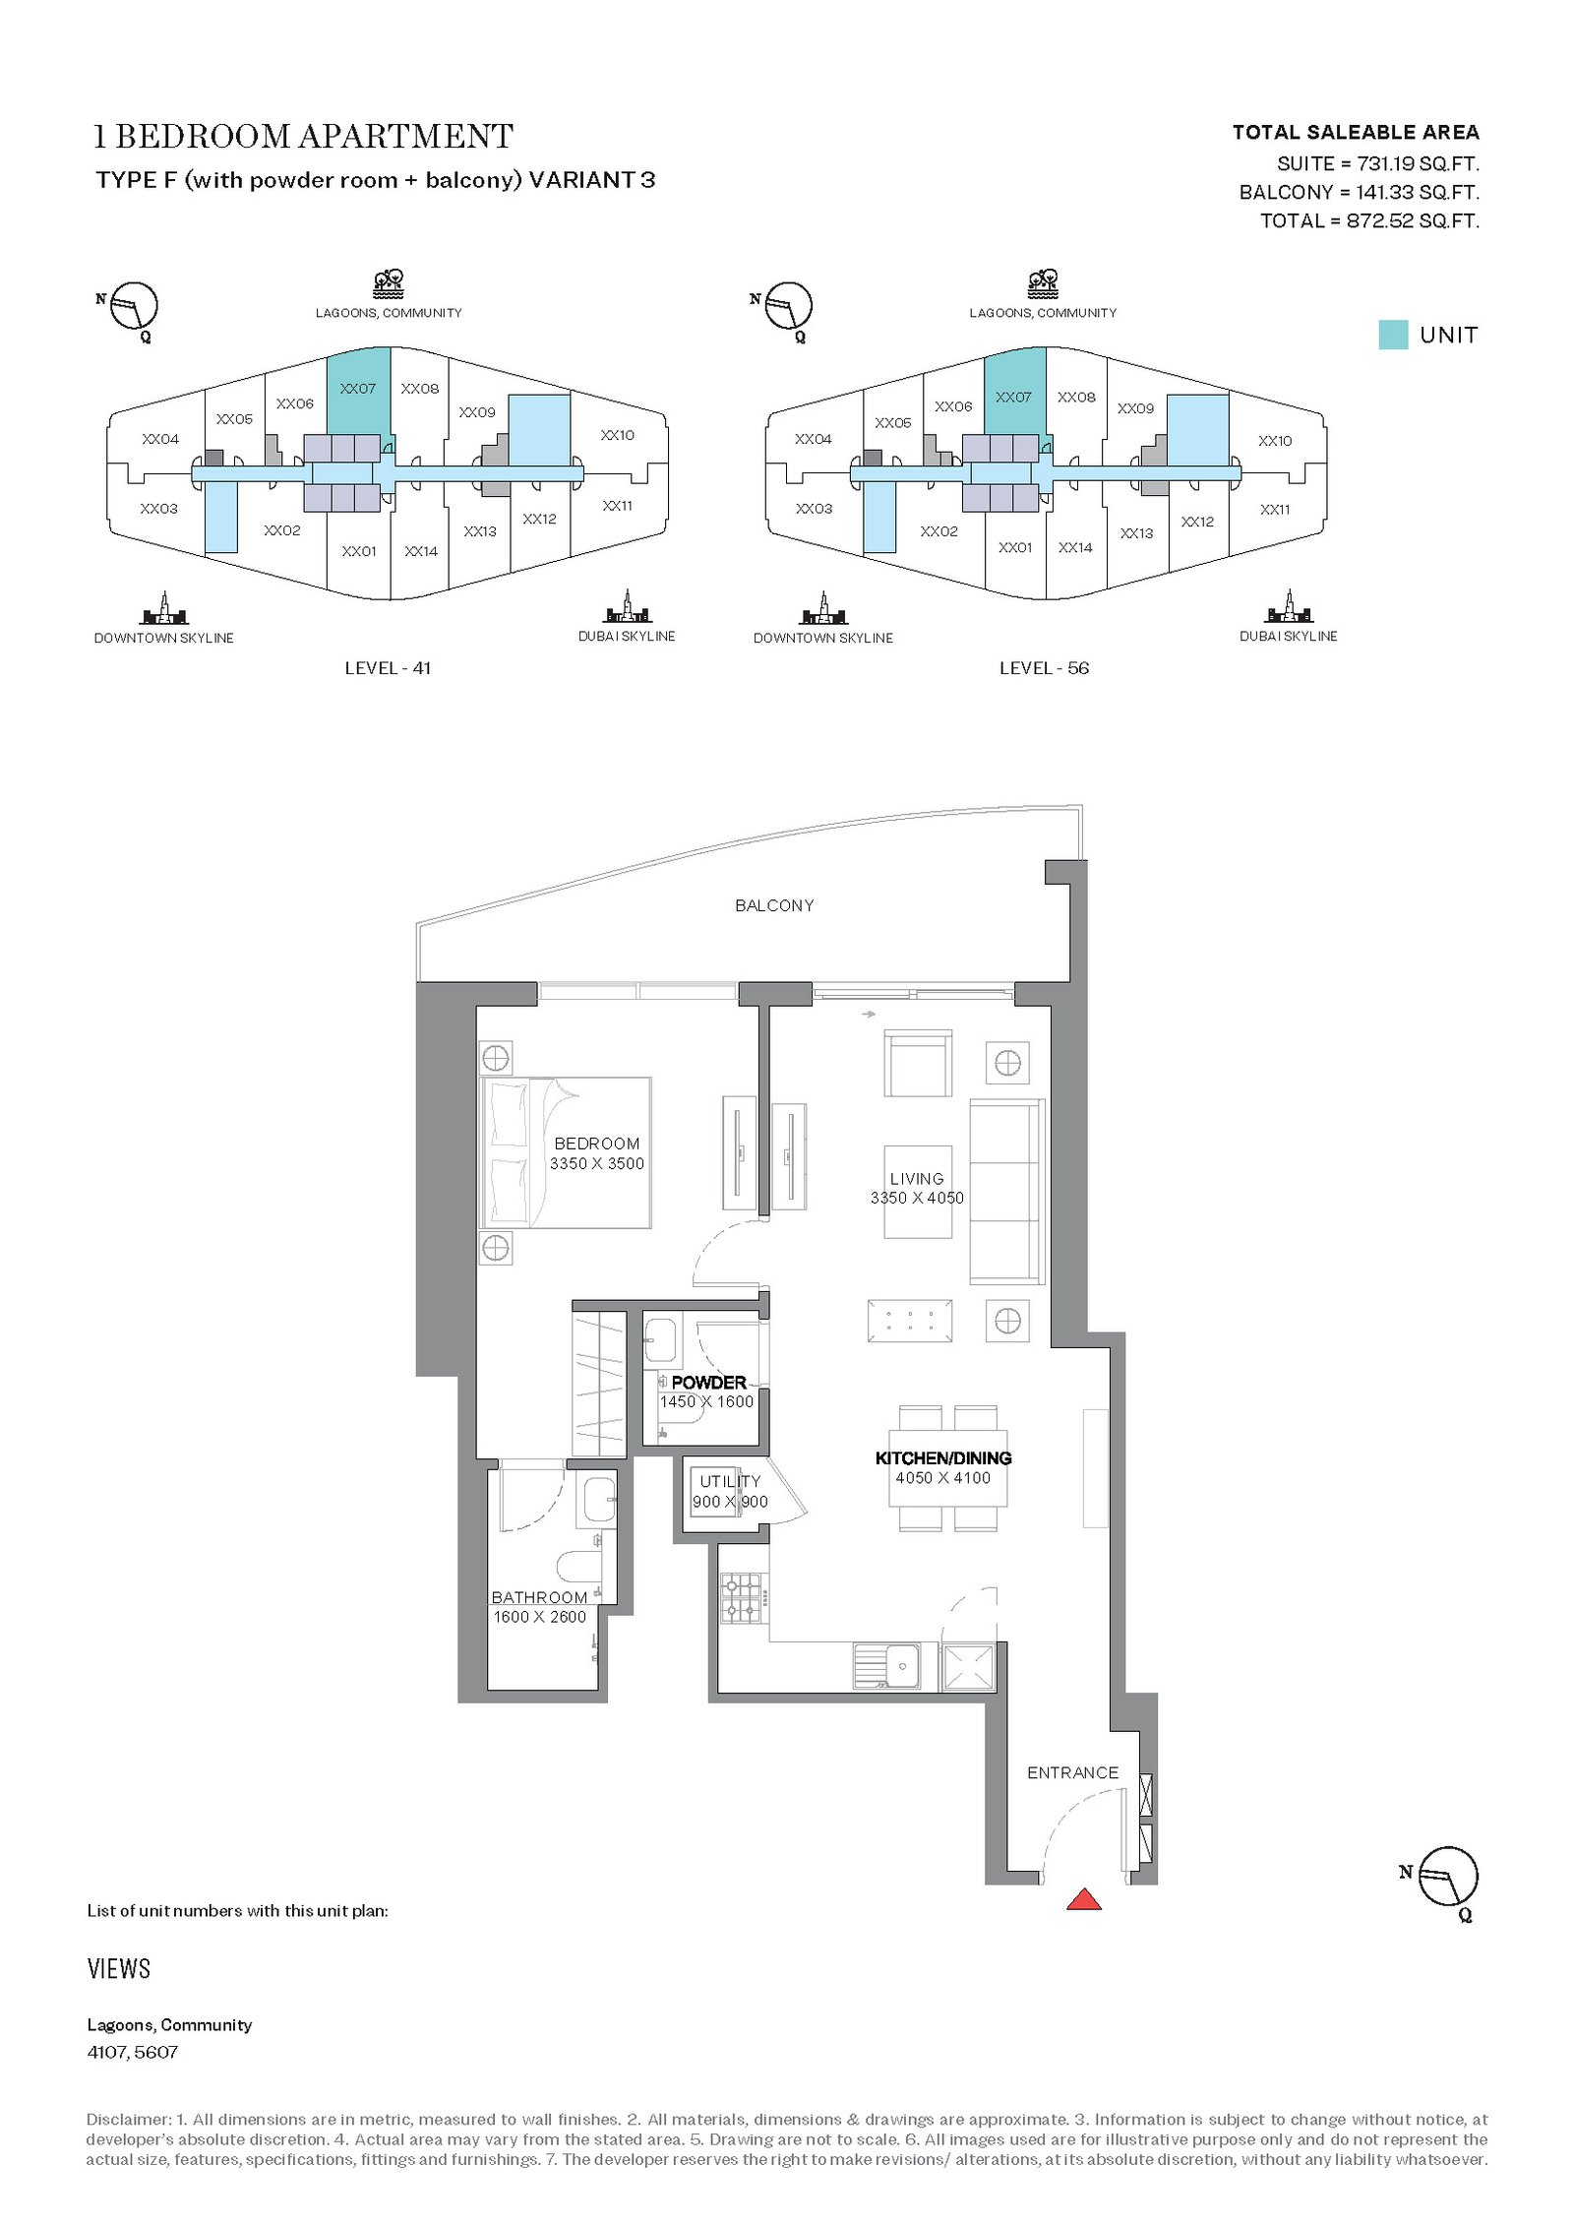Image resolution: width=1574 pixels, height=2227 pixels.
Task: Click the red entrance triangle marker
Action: point(1083,1899)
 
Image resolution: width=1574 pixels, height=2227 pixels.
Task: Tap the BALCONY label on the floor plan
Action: point(774,905)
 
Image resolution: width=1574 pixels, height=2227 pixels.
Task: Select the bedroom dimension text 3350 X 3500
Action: point(597,1163)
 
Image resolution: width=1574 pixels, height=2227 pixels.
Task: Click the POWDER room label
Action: point(708,1382)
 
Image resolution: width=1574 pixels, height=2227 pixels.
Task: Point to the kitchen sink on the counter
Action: point(887,1666)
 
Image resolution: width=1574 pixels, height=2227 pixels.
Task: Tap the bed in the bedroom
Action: point(566,1152)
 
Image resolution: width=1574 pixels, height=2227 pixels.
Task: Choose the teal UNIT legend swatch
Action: point(1393,335)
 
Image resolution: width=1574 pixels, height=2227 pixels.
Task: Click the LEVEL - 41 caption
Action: point(388,668)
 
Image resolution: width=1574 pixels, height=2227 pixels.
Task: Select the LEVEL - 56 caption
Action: point(1044,668)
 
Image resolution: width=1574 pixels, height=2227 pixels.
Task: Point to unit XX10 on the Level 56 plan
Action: point(1275,441)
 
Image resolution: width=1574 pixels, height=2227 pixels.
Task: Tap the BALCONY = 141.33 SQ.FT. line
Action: point(1359,192)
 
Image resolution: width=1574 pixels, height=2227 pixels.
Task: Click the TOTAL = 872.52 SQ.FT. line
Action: point(1369,220)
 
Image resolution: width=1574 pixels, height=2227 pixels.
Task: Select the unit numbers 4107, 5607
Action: point(133,2052)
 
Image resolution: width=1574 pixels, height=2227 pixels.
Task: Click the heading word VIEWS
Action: point(119,1968)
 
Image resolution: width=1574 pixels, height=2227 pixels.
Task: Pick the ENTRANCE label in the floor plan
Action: point(1072,1772)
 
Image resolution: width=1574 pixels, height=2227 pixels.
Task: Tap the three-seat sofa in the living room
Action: point(1006,1192)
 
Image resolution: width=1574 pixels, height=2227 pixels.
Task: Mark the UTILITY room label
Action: point(730,1480)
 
